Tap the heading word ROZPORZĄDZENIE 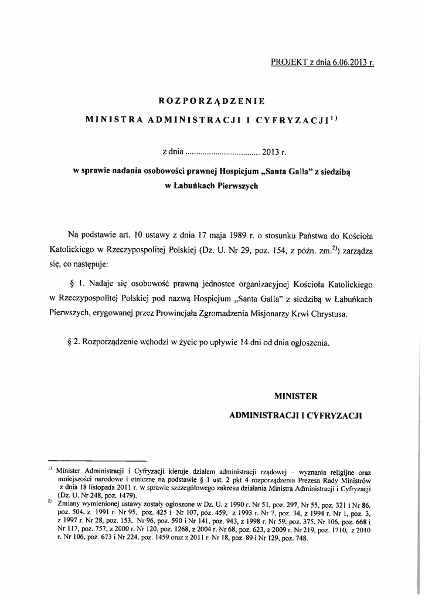(212, 100)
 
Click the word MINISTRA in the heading (112, 120)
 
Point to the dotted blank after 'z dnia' (222, 154)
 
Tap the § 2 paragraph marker (74, 341)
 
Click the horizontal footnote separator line (97, 461)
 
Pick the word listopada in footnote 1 (110, 488)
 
